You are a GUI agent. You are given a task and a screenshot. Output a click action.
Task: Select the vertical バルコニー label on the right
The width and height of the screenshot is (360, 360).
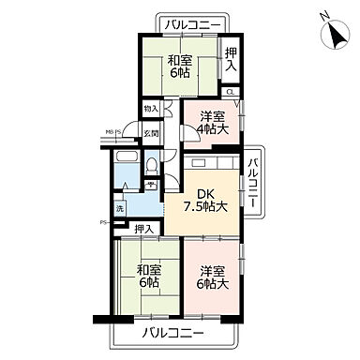click(253, 181)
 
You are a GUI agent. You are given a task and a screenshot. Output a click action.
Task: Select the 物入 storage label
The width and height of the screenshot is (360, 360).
click(150, 110)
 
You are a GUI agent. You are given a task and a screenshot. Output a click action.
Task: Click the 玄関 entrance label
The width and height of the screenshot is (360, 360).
click(150, 134)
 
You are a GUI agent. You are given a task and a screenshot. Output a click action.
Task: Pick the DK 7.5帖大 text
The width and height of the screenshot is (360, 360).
click(210, 200)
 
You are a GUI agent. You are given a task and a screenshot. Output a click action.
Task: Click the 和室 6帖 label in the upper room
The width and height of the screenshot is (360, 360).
click(178, 68)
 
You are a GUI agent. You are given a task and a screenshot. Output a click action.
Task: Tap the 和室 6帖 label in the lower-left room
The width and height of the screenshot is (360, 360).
click(145, 277)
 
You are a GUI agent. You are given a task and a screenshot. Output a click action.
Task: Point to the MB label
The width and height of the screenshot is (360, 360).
click(108, 132)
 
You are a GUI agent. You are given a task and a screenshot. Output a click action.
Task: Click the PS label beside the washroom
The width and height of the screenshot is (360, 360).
click(104, 222)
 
